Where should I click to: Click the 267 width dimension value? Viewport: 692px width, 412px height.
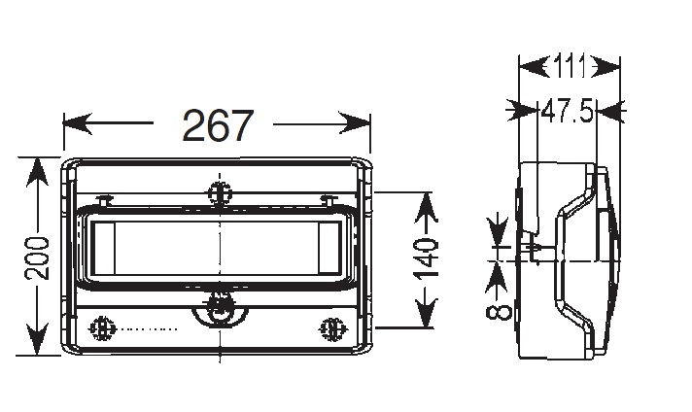[x=218, y=125]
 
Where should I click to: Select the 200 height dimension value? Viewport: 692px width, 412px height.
[x=37, y=258]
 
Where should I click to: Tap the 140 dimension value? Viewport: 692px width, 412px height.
[x=426, y=258]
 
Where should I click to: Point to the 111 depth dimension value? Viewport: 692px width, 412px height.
[x=570, y=67]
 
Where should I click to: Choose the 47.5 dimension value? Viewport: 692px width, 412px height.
[x=567, y=111]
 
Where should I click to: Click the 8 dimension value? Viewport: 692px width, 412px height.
[x=499, y=312]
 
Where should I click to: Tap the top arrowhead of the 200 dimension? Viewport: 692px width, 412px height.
[x=37, y=172]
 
